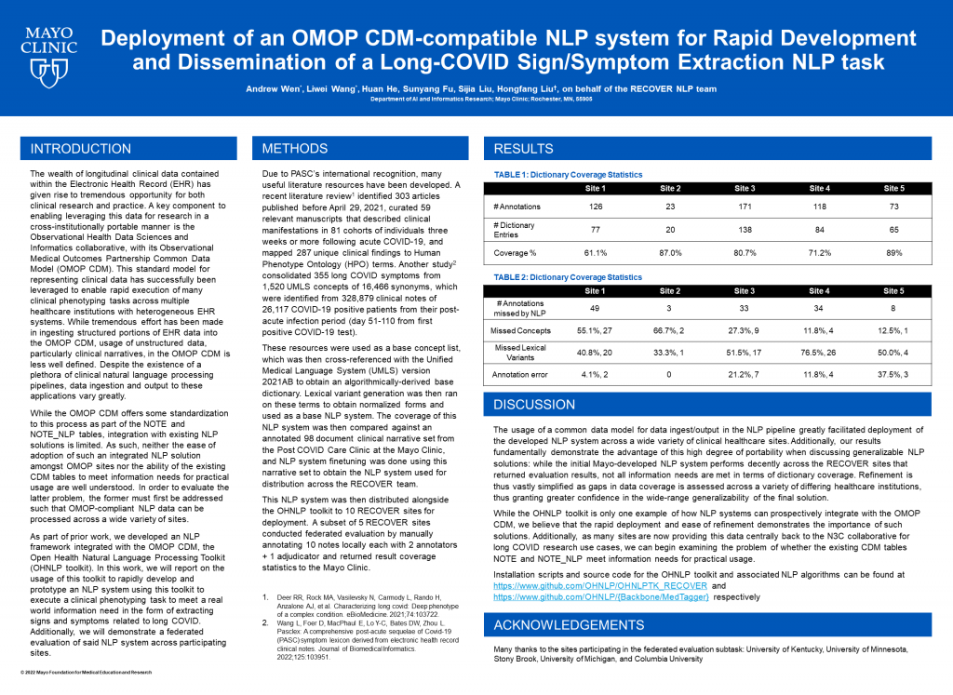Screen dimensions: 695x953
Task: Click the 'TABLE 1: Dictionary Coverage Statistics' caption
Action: [568, 174]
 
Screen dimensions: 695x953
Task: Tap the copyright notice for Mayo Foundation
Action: [86, 671]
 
